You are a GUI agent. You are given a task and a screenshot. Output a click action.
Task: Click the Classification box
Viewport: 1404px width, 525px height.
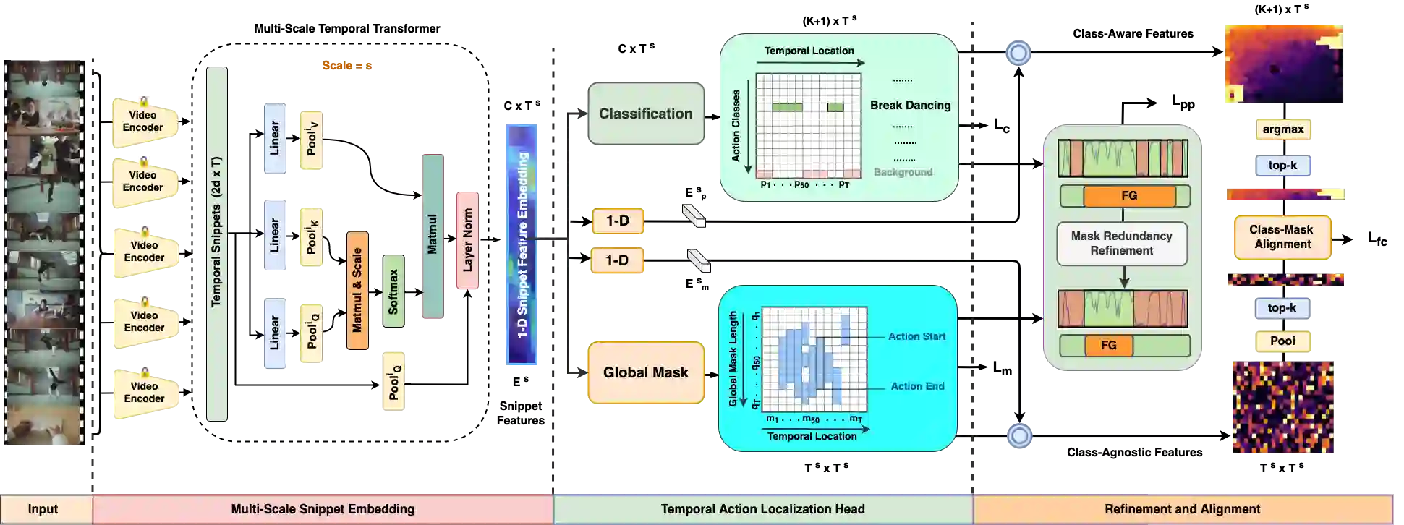coord(645,114)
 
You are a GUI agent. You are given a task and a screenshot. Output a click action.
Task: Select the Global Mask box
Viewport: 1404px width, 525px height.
coord(645,372)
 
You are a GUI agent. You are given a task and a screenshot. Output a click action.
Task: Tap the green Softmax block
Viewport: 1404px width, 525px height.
coord(393,291)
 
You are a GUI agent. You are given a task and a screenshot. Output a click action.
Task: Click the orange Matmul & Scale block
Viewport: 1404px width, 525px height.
coord(357,291)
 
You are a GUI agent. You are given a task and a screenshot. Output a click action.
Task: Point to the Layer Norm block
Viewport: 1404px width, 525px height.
coord(467,240)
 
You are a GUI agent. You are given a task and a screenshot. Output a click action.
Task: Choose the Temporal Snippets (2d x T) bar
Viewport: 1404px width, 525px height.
coord(217,242)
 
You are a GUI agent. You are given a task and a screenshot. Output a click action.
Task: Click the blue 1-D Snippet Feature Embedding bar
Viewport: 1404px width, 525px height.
coord(521,244)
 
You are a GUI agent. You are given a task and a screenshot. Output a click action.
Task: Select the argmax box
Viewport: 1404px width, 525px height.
coord(1282,130)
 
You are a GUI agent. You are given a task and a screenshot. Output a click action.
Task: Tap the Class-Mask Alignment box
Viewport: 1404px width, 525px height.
coord(1282,237)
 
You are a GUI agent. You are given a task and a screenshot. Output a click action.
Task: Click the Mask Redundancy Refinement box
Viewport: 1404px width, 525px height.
coord(1122,244)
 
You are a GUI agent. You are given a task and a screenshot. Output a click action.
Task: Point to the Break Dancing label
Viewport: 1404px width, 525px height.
coord(910,106)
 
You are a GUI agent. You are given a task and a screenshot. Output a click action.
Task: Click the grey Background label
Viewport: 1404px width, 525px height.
coord(903,172)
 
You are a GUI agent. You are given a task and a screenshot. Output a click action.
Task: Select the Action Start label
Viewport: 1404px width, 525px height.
coord(916,336)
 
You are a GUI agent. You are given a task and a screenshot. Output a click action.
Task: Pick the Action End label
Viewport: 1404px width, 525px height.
coord(917,386)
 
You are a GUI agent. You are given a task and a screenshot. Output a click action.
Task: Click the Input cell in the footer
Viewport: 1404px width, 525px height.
coord(43,509)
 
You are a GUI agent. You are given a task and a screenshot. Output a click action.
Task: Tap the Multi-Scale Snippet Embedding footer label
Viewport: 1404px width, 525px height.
coord(323,509)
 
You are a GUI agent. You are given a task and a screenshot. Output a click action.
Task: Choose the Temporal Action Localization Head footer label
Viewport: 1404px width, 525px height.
coord(762,509)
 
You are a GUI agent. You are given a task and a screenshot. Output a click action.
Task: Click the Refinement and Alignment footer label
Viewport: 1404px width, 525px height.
coord(1182,509)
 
